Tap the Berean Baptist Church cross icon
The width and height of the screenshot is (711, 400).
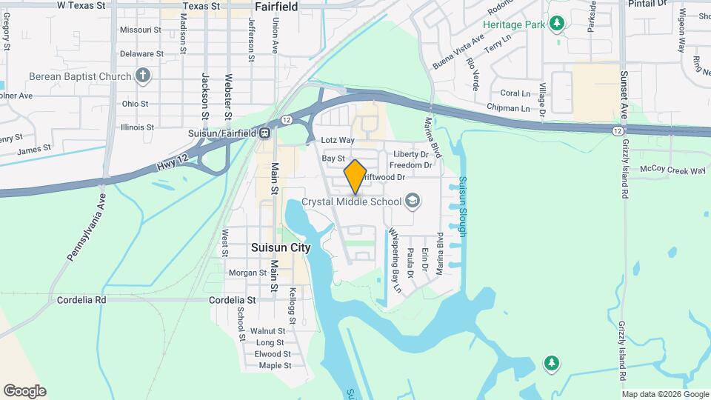pyautogui.click(x=143, y=76)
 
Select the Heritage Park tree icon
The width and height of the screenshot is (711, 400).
pyautogui.click(x=557, y=24)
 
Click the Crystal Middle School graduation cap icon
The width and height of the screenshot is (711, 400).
pyautogui.click(x=413, y=201)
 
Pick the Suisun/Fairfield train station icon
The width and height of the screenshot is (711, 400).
pyautogui.click(x=264, y=133)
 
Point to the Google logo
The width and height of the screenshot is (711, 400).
pyautogui.click(x=24, y=391)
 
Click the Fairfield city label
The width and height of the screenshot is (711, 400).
pyautogui.click(x=276, y=7)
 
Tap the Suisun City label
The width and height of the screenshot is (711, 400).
pyautogui.click(x=281, y=248)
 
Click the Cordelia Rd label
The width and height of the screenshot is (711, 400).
pyautogui.click(x=81, y=300)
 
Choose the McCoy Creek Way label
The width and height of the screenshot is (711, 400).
pyautogui.click(x=672, y=170)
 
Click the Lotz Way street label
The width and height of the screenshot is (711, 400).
pyautogui.click(x=338, y=140)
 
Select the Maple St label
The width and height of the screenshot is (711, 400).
pyautogui.click(x=275, y=365)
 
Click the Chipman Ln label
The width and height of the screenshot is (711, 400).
pyautogui.click(x=509, y=108)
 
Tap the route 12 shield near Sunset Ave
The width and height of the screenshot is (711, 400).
pyautogui.click(x=617, y=130)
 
